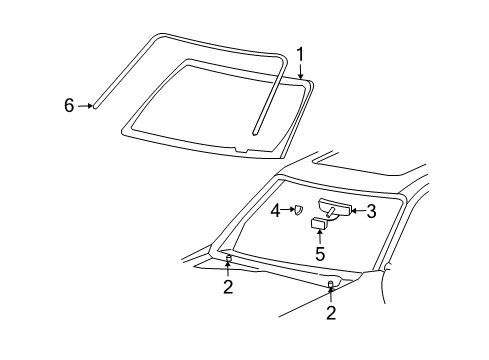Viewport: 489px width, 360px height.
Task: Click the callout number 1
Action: (x=299, y=54)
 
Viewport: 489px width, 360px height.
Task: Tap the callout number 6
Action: (x=69, y=104)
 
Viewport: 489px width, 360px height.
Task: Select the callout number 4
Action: (x=275, y=210)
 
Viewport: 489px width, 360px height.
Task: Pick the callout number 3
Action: (x=370, y=210)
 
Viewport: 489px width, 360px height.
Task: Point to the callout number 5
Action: (x=320, y=254)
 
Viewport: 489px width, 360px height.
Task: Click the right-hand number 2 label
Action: (x=331, y=313)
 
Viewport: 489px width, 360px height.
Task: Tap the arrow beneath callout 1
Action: (x=300, y=70)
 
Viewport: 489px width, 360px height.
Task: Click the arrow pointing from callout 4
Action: (x=287, y=210)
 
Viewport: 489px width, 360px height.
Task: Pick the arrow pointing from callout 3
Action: (x=356, y=210)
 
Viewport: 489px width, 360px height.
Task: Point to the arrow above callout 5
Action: (x=320, y=237)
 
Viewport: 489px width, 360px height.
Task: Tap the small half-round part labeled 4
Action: (x=297, y=209)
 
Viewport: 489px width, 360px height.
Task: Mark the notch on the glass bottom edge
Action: (x=237, y=150)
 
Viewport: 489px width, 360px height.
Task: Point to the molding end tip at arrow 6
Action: (x=94, y=103)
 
